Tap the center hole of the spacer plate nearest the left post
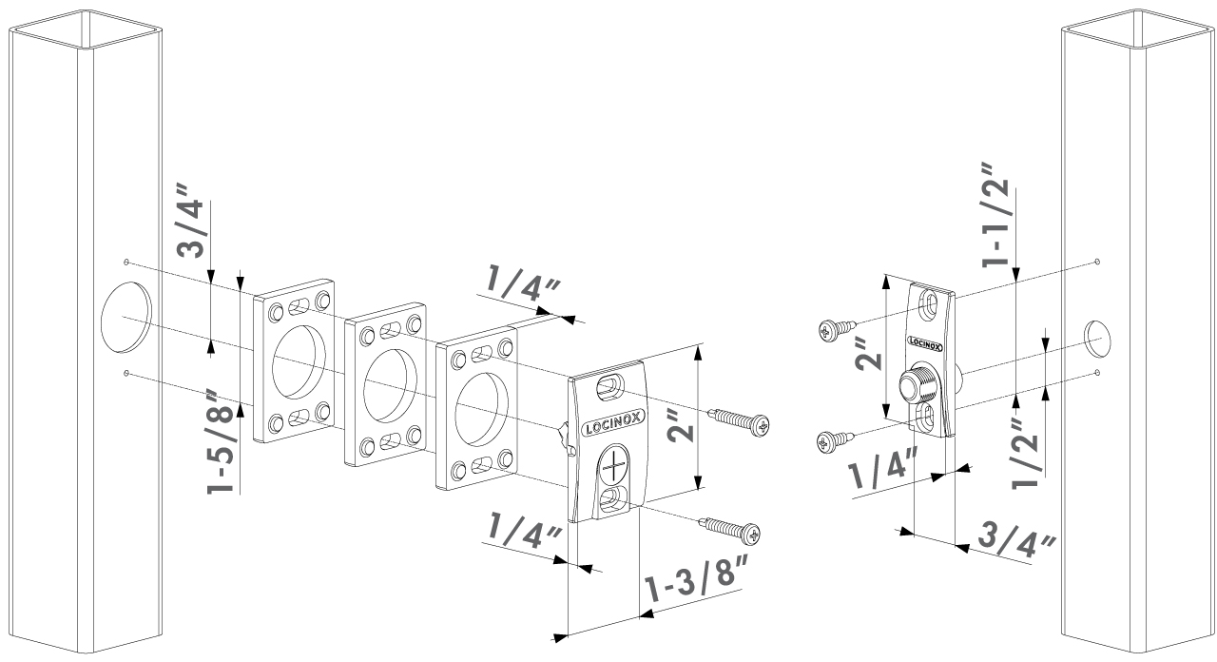[299, 361]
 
